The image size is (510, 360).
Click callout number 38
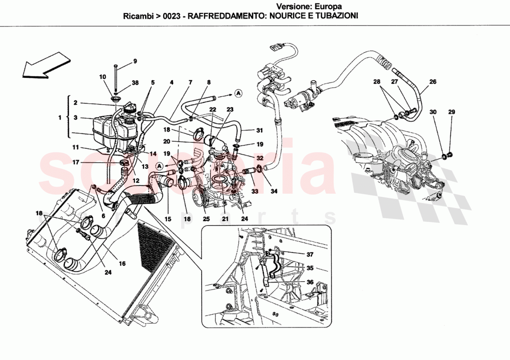pyautogui.click(x=135, y=83)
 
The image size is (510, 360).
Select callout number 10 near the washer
pyautogui.click(x=102, y=76)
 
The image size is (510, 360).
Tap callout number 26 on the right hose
pyautogui.click(x=433, y=82)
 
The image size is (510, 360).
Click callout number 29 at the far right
pyautogui.click(x=452, y=112)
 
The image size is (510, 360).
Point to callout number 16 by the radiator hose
pyautogui.click(x=122, y=263)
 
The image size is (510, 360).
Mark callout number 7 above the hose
pyautogui.click(x=190, y=82)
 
